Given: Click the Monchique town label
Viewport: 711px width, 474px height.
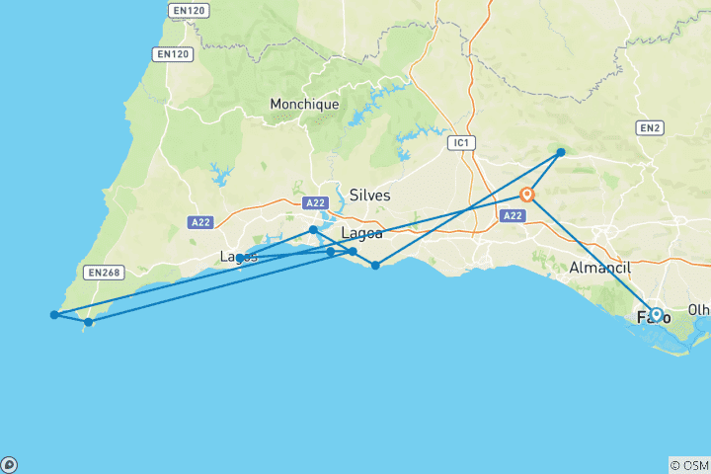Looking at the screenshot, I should tap(305, 104).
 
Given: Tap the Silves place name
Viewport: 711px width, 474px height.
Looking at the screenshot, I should tap(369, 196).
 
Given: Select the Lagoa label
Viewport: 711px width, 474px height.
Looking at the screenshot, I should tap(361, 233).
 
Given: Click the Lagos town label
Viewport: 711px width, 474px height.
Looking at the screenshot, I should tap(238, 257).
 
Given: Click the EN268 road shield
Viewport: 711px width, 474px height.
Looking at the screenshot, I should tap(103, 273).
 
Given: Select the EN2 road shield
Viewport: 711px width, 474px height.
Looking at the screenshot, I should tap(649, 127).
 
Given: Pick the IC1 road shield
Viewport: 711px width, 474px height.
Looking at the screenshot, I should tap(460, 143).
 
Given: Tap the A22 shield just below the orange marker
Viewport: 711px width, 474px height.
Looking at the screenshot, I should tap(513, 215).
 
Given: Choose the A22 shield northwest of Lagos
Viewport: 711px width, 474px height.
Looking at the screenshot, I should tap(201, 223).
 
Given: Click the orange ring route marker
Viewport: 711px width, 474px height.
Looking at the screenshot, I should tap(527, 195).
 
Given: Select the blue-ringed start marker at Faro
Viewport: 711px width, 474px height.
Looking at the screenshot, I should tap(656, 315).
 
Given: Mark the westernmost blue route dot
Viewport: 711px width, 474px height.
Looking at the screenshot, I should tap(54, 315).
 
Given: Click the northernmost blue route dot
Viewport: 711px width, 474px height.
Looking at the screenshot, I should tap(561, 152).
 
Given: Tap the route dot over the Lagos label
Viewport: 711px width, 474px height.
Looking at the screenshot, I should tap(240, 258).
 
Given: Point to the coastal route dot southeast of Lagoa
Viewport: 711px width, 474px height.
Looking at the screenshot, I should tap(375, 265).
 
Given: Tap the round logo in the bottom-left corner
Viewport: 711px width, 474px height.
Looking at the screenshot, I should tap(9, 464).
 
